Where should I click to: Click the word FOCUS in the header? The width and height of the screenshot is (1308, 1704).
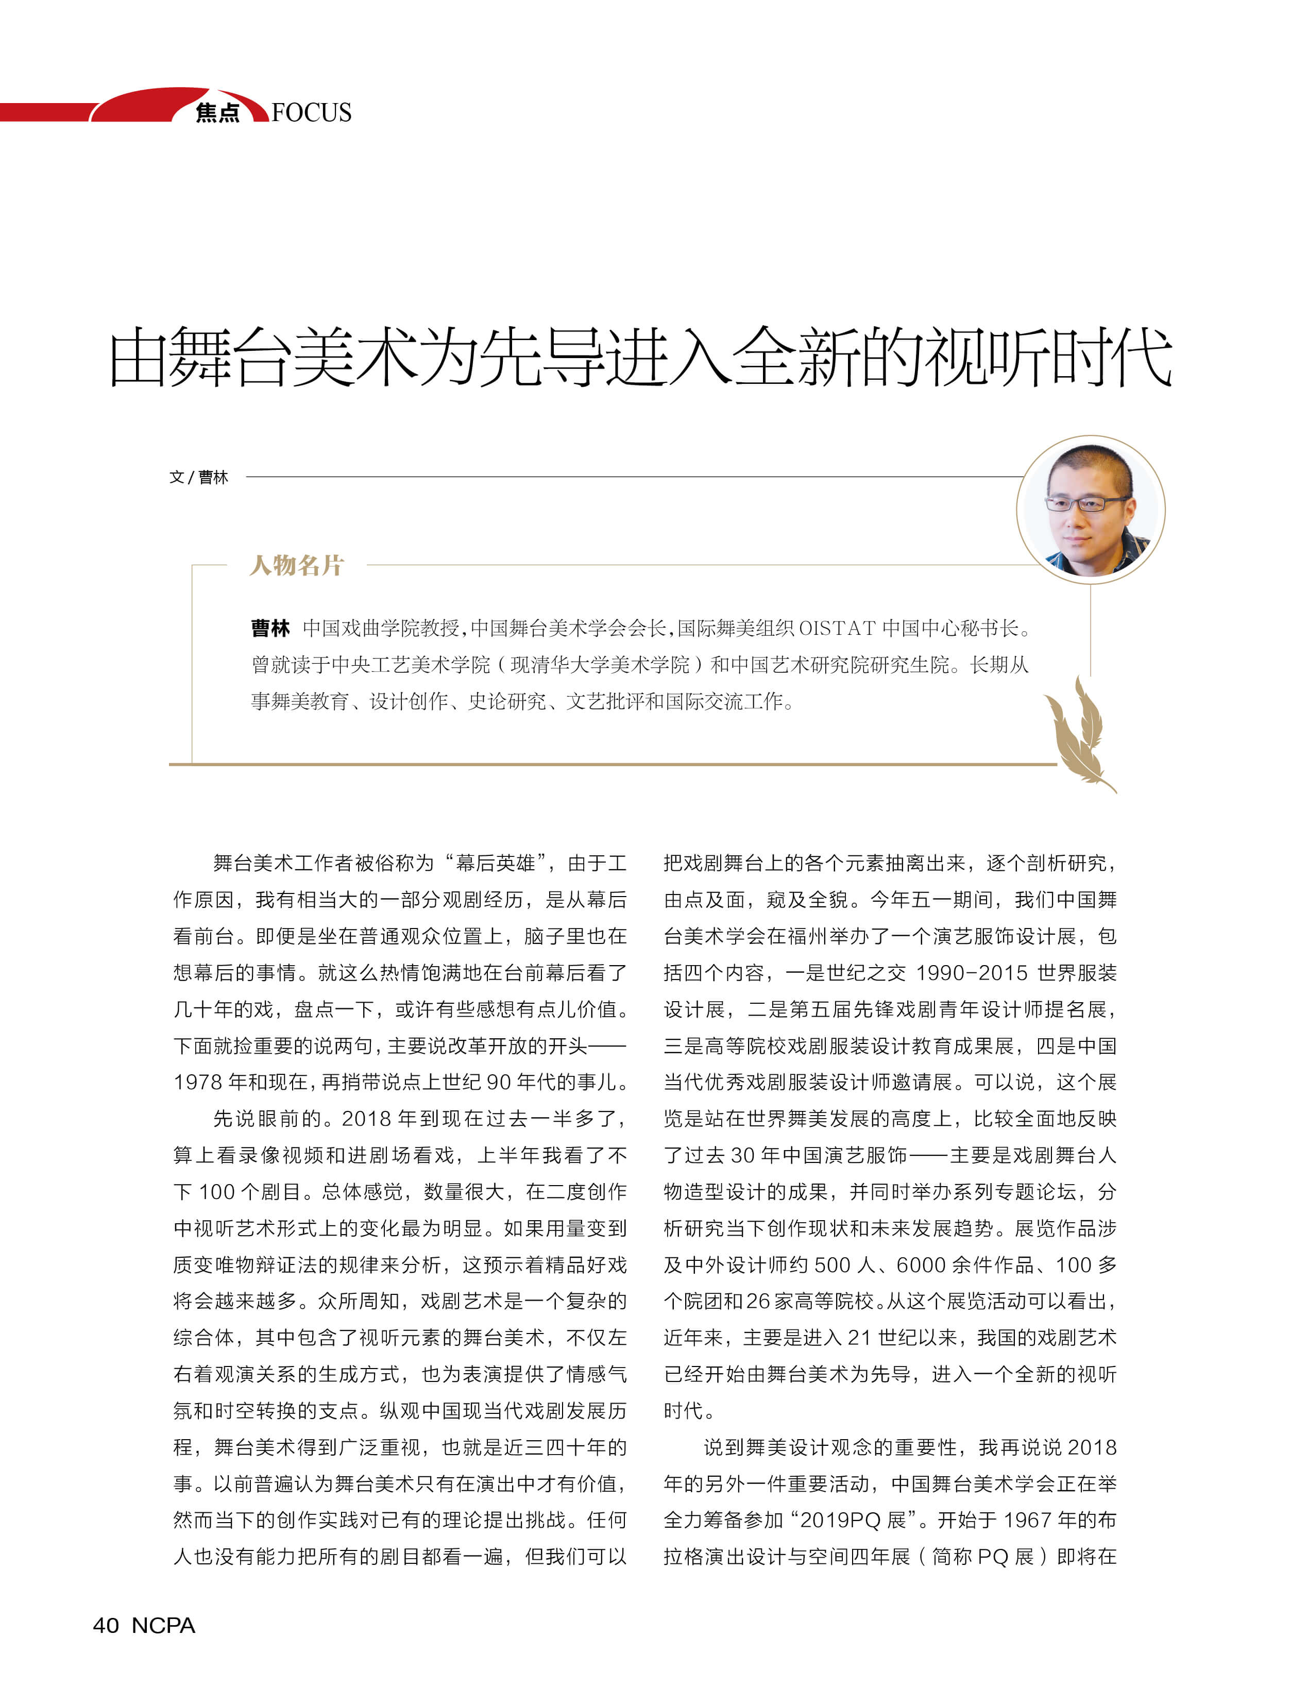coord(312,113)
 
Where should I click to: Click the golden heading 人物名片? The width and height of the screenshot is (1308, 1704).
coord(296,565)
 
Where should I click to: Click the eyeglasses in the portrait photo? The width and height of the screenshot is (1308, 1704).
coord(1088,503)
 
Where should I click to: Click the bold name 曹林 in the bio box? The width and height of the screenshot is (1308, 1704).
coord(270,628)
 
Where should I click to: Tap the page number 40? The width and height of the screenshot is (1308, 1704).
coord(106,1625)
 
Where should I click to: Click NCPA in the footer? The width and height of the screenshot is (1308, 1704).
coord(163,1625)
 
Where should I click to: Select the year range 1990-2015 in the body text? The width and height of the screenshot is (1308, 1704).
coord(971,973)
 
